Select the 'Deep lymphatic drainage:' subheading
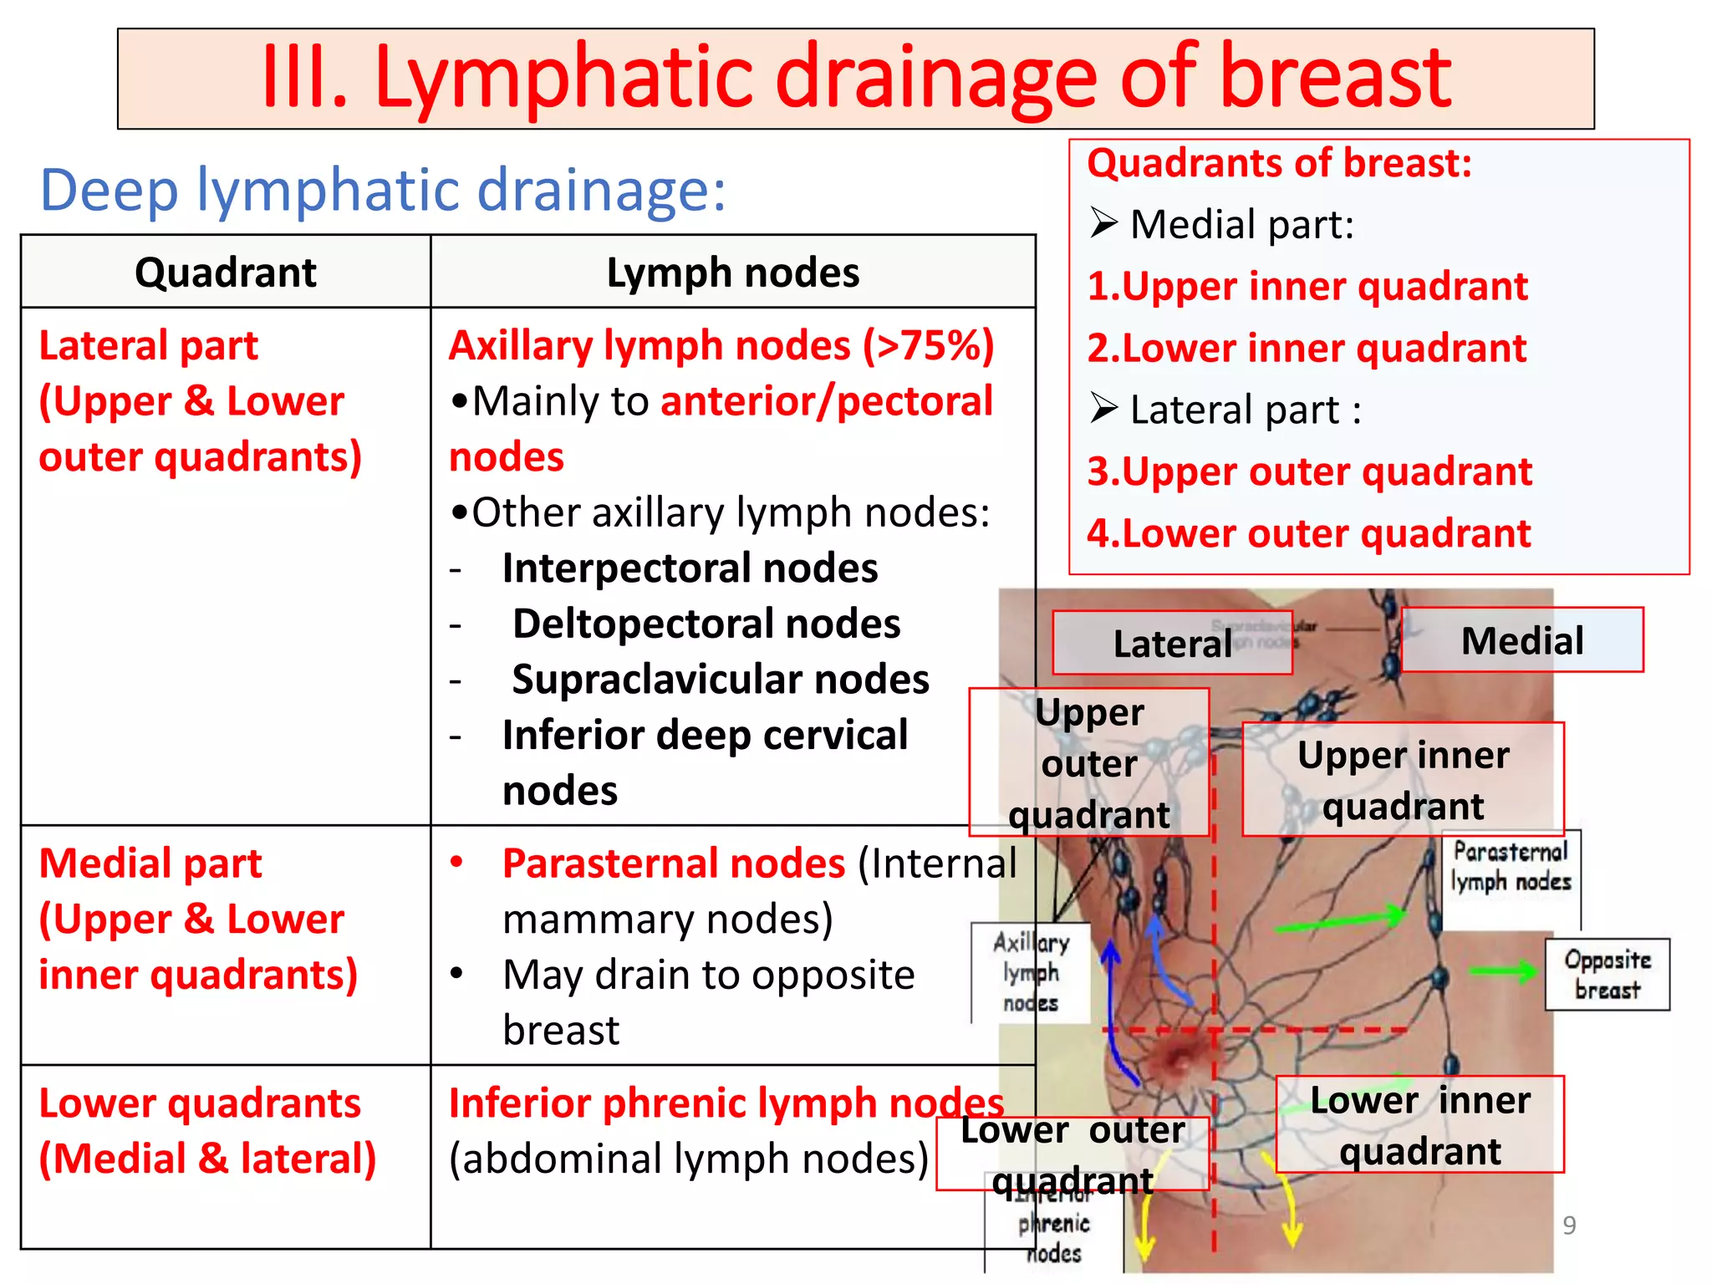383,190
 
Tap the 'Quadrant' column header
226,273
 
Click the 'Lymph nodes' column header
733,273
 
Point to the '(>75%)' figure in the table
929,345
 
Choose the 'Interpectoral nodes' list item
690,568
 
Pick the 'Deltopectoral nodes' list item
706,624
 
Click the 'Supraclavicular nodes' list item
721,680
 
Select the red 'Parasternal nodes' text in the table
674,864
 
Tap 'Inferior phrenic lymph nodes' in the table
726,1103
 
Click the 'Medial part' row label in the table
150,864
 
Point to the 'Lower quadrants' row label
200,1103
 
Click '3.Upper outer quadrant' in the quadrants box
1309,472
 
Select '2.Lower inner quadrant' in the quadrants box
1307,349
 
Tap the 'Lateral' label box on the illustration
1172,643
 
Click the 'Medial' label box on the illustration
1522,640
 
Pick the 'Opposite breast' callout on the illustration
1607,975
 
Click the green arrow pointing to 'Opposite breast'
1503,971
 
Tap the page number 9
1569,1225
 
